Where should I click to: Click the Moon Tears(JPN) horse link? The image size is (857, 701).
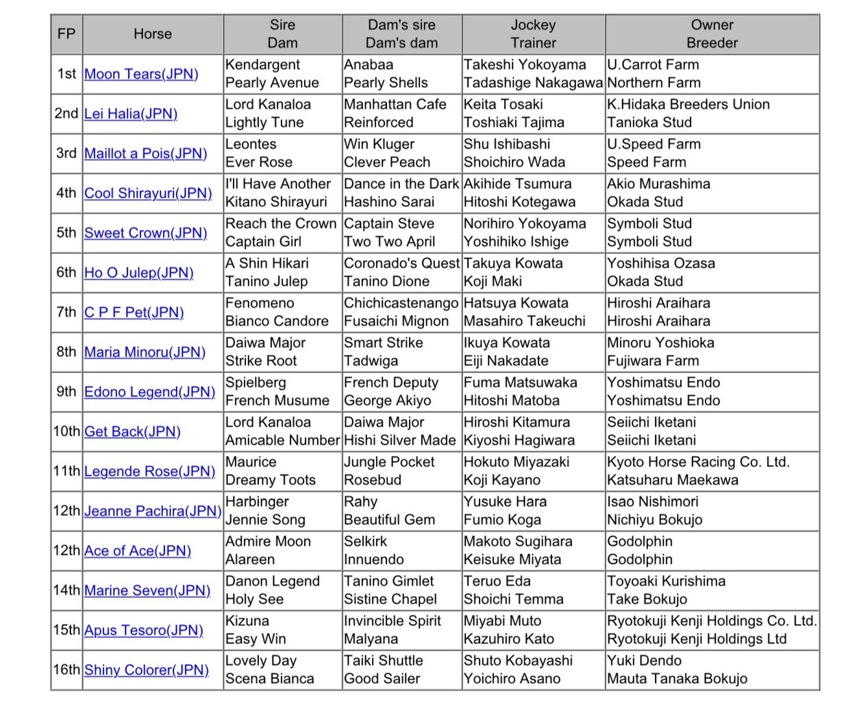[141, 74]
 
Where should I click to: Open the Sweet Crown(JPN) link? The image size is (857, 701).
[145, 233]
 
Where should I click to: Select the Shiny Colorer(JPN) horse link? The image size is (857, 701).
[146, 670]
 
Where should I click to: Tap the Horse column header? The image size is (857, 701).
[152, 34]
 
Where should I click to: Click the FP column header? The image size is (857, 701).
[66, 34]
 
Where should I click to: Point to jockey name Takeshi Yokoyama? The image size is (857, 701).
[525, 65]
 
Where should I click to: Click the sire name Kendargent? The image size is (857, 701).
[262, 65]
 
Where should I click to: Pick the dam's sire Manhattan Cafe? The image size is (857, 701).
[395, 105]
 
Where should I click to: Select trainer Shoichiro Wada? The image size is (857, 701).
[514, 162]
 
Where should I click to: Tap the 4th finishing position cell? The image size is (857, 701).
[66, 193]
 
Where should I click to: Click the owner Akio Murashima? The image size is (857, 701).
[658, 184]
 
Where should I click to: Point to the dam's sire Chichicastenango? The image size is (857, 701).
[401, 303]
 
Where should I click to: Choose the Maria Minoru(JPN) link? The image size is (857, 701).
[145, 352]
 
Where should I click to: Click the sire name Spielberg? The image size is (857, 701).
[256, 383]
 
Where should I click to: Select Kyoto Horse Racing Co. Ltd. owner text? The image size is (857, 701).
[698, 462]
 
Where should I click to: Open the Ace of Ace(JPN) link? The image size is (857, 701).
[137, 550]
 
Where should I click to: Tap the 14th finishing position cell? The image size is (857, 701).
[66, 590]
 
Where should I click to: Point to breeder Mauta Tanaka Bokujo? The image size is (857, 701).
[677, 678]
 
